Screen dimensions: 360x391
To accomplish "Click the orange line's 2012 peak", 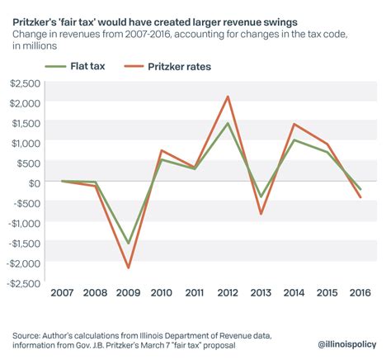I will [x=228, y=97].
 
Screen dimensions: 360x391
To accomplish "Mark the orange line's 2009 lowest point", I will [x=128, y=268].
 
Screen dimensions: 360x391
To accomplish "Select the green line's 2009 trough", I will [x=128, y=244].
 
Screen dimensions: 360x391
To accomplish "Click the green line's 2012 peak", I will [x=228, y=123].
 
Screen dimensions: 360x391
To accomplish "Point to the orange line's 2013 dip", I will [x=261, y=214].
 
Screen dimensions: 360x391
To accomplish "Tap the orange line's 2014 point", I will [x=294, y=124].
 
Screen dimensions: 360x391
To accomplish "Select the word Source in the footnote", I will [x=28, y=335].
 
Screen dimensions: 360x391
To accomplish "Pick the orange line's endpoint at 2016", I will [x=360, y=197].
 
